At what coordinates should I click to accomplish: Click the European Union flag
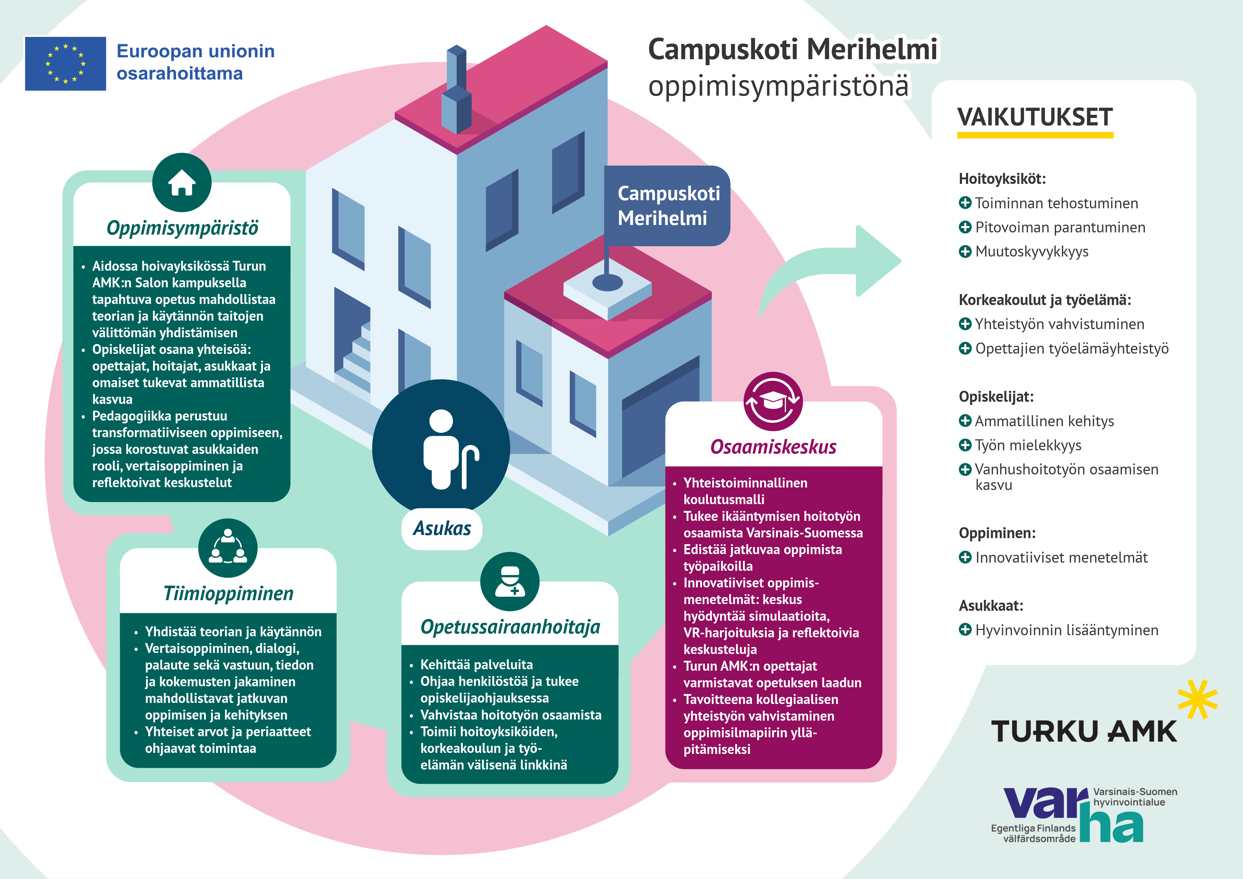(66, 63)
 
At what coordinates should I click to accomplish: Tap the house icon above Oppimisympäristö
(182, 182)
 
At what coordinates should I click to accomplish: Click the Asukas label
(442, 528)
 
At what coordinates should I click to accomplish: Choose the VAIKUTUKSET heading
(1035, 118)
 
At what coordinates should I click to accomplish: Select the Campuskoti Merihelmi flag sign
(668, 206)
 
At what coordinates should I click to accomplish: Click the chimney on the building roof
(456, 92)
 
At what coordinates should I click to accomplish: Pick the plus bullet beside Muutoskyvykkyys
(965, 252)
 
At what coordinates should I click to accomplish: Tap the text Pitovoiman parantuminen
(1060, 227)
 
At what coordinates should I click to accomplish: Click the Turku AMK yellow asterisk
(1198, 699)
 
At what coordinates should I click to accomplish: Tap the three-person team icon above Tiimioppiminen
(228, 548)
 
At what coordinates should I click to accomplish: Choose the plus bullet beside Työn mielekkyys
(965, 445)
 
